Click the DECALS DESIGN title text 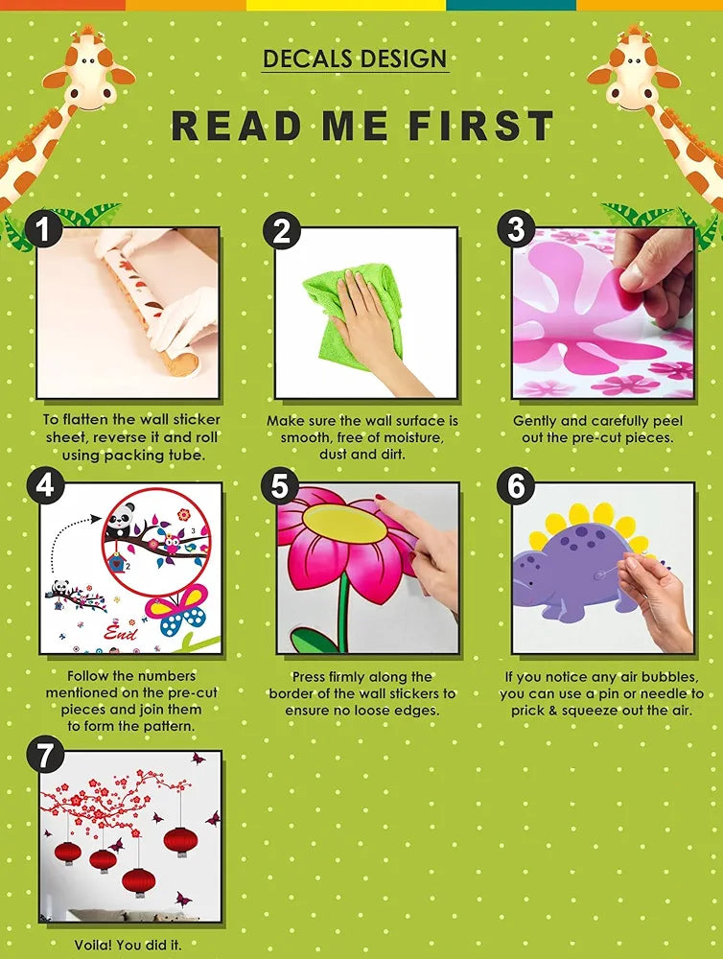[355, 58]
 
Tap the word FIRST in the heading [481, 126]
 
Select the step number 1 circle [43, 229]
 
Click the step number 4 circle [44, 486]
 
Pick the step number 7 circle [44, 756]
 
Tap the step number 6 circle [516, 486]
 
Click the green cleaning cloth [355, 312]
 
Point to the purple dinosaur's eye [529, 584]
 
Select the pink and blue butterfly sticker [175, 609]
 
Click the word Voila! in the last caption [93, 945]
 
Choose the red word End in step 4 [120, 632]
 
